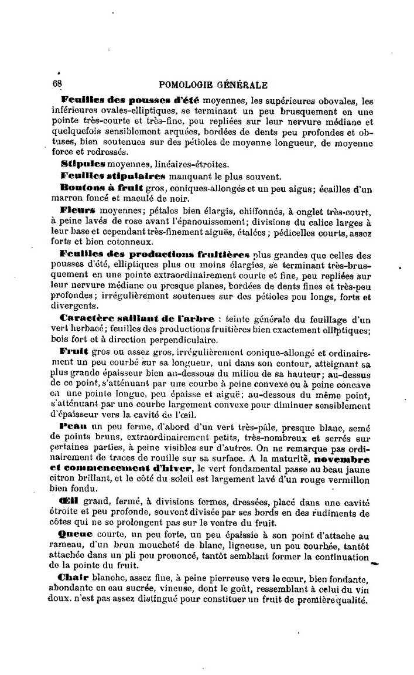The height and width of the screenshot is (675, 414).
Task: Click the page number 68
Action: pos(58,84)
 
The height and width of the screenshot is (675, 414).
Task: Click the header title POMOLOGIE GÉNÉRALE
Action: pos(218,84)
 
